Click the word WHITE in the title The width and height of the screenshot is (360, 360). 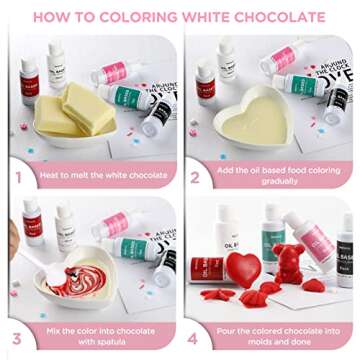(x=193, y=17)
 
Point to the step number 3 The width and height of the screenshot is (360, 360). (x=17, y=337)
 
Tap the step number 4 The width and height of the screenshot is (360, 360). (x=196, y=337)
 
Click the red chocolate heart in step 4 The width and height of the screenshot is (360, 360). (x=242, y=269)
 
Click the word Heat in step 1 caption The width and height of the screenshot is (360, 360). (x=53, y=176)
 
